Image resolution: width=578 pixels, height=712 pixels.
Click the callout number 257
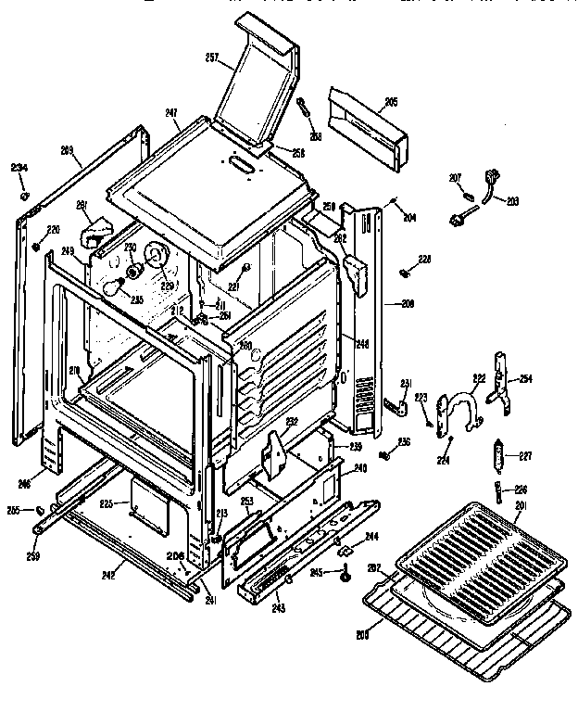(212, 57)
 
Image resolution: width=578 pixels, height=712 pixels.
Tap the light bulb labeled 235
(113, 288)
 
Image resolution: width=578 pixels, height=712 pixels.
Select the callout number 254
(526, 379)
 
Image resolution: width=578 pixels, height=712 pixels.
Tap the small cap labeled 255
(41, 510)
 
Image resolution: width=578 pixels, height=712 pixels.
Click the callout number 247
(170, 113)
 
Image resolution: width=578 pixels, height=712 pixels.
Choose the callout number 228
(424, 259)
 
